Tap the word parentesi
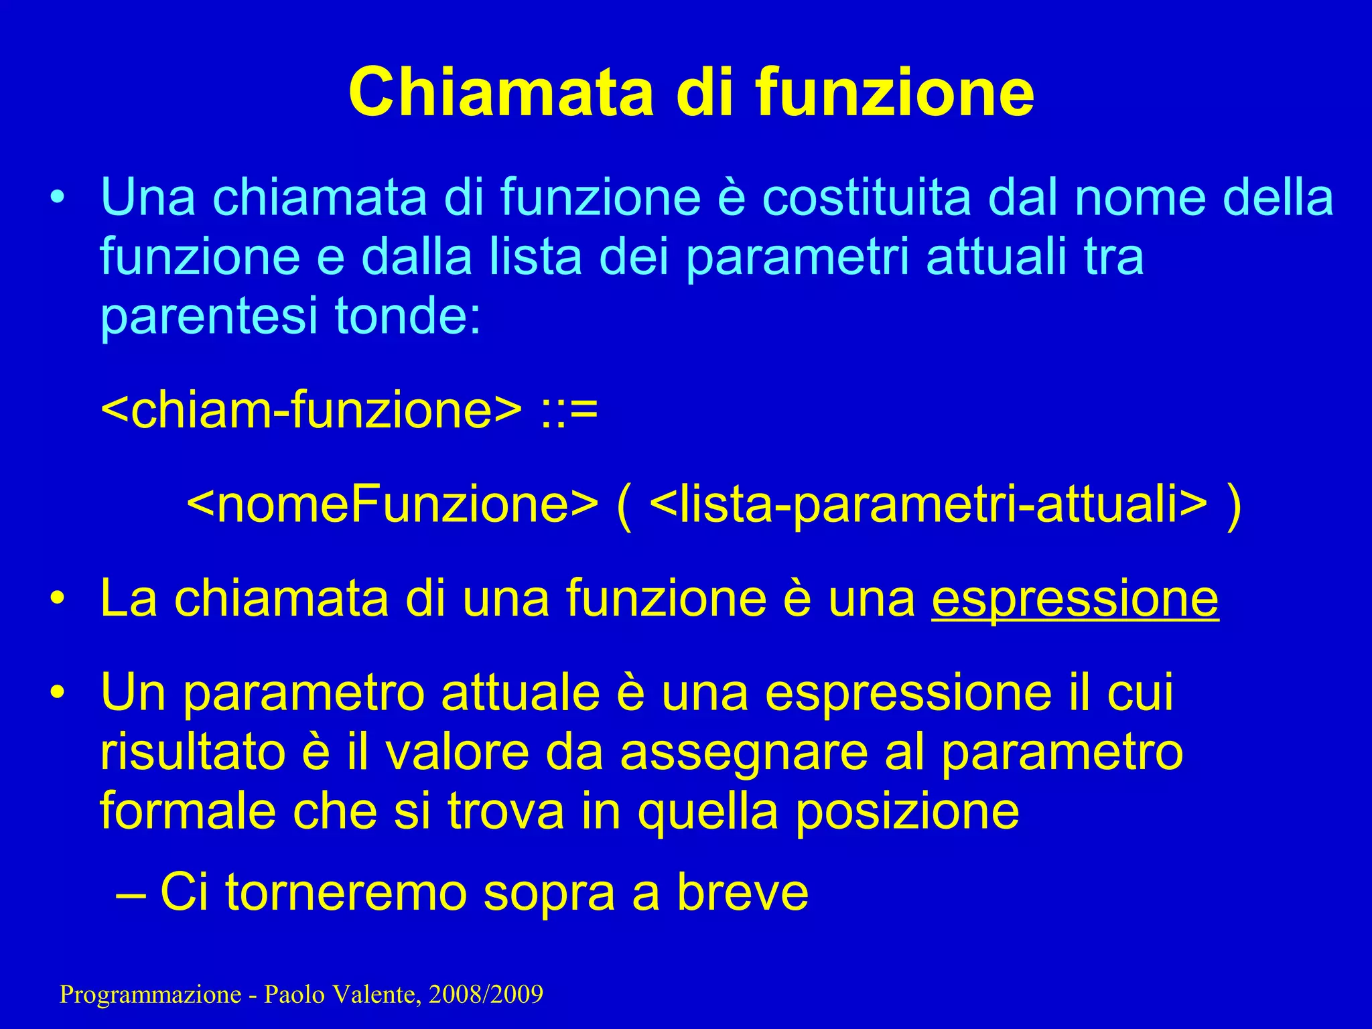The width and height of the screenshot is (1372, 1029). tap(208, 316)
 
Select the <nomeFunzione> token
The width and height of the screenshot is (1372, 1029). tap(392, 505)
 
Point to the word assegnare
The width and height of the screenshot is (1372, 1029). tap(744, 753)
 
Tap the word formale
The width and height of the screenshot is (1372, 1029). tap(188, 811)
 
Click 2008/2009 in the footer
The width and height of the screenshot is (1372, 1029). tap(486, 995)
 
